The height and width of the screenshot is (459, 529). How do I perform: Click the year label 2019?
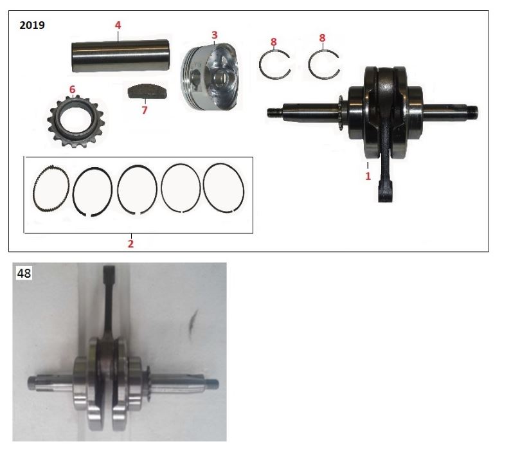[x=32, y=25]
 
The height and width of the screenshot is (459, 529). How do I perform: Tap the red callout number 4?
[x=118, y=25]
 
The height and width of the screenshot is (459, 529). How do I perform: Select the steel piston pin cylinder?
[x=120, y=56]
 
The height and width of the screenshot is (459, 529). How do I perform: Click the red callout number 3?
[x=215, y=35]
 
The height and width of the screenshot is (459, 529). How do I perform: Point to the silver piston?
[x=209, y=77]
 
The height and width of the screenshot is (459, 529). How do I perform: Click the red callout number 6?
[x=72, y=89]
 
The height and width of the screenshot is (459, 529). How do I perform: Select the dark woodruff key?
[x=147, y=92]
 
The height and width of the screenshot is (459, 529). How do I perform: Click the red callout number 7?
[x=145, y=110]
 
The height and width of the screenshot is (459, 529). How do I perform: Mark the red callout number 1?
[x=368, y=176]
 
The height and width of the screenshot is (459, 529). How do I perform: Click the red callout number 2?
[x=130, y=244]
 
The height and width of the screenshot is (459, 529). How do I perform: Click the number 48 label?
[x=24, y=273]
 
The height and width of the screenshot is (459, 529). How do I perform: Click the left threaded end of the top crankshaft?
[x=273, y=113]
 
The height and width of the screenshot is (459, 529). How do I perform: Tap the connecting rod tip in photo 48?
[x=109, y=272]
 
